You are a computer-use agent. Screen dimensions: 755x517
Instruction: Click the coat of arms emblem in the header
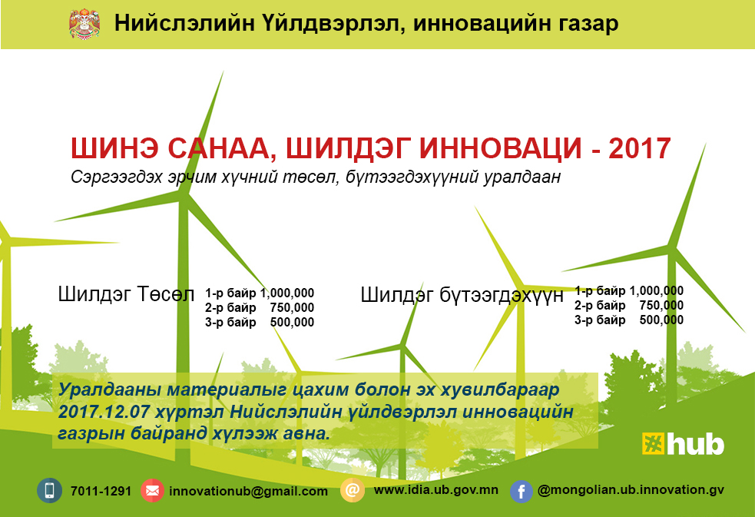[84, 23]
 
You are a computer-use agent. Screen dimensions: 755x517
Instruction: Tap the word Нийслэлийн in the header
[184, 23]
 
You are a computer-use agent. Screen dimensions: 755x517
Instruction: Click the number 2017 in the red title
[640, 148]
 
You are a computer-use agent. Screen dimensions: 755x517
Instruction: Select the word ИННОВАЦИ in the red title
[501, 148]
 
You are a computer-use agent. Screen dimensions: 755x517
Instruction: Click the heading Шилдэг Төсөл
[126, 293]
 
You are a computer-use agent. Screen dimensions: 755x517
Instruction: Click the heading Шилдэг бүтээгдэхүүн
[462, 294]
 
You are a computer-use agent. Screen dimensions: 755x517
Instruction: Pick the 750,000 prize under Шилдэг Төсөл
[292, 307]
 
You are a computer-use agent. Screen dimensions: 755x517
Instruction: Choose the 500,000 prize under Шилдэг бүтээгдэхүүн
[661, 320]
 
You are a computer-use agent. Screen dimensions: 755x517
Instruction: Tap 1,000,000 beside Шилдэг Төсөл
[287, 293]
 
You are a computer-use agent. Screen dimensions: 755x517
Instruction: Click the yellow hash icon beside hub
[653, 443]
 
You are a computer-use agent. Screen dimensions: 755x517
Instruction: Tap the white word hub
[695, 444]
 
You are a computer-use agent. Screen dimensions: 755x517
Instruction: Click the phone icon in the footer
[50, 491]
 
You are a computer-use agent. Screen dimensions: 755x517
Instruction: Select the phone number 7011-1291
[101, 491]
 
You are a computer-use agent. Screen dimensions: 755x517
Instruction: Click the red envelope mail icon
[152, 491]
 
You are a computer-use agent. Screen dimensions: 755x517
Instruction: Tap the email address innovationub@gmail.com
[248, 492]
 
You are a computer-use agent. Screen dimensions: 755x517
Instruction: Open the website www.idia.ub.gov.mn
[435, 490]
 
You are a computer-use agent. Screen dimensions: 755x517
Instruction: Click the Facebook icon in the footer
[522, 492]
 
